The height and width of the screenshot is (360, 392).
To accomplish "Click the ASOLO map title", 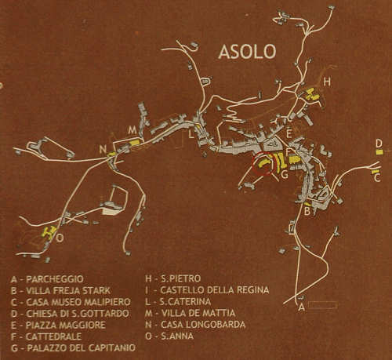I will coord(247,53).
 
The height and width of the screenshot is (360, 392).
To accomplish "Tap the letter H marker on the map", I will coord(327,82).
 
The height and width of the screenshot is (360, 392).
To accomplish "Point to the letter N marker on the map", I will coord(103,149).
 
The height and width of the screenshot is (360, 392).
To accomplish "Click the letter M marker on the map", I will coord(132,129).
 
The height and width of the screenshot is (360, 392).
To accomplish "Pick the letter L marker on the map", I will coord(191,133).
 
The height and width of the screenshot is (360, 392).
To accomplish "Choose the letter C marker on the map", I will coord(377,177).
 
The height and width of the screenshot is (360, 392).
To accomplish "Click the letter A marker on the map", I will coord(300,307).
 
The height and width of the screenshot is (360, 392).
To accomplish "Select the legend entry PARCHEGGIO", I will coord(53,278).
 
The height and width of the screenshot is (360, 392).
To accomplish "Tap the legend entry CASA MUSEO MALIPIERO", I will coord(72,301).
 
